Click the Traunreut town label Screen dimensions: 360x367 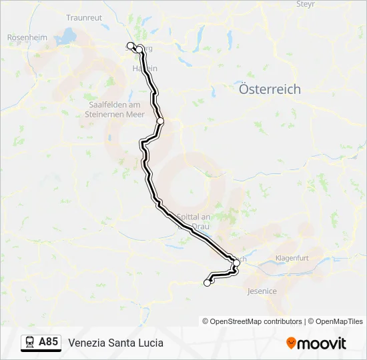coord(83,17)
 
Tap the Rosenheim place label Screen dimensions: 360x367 coord(27,38)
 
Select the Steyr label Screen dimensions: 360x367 coord(305,4)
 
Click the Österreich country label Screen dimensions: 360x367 coord(270,89)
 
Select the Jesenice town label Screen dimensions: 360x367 coord(262,291)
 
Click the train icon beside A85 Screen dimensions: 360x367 coord(29,343)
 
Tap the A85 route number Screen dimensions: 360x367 coord(48,343)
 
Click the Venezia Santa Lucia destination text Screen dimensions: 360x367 coord(115,343)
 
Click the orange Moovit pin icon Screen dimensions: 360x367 coord(291,343)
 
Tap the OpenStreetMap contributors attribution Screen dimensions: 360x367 coord(256,321)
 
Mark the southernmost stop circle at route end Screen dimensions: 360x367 coord(207,283)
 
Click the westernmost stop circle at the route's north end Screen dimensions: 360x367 coord(130,45)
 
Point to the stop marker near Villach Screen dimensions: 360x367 coord(236,263)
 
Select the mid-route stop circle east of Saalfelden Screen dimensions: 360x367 coord(160,121)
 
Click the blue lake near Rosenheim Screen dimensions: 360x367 coord(69,35)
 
